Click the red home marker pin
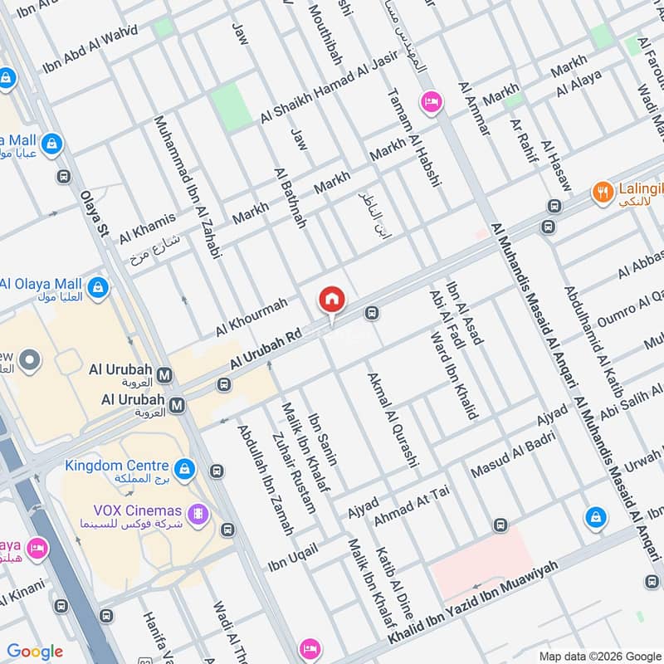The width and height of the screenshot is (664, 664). click(331, 299)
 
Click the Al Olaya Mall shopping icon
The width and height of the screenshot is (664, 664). click(99, 286)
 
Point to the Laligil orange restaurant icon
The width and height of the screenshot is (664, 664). click(603, 193)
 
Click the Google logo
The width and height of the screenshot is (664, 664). click(35, 652)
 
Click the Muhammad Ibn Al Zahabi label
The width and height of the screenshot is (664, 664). click(188, 188)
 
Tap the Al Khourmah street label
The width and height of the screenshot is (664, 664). click(251, 317)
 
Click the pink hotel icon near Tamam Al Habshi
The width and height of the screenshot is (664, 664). click(432, 101)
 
